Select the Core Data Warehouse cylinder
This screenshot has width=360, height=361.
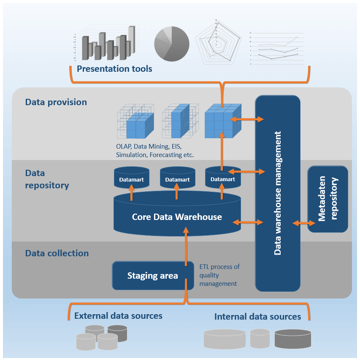pyautogui.click(x=177, y=217)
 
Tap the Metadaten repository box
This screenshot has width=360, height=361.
pyautogui.click(x=328, y=199)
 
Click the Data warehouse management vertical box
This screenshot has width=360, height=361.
pyautogui.click(x=277, y=193)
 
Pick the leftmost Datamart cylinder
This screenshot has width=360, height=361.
pyautogui.click(x=131, y=178)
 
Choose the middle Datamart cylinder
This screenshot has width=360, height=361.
pyautogui.click(x=177, y=178)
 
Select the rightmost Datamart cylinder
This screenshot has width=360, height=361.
pyautogui.click(x=222, y=178)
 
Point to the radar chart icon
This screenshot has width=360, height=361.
pyautogui.click(x=218, y=42)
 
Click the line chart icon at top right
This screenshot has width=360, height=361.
pyautogui.click(x=279, y=47)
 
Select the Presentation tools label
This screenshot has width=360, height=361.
pyautogui.click(x=114, y=69)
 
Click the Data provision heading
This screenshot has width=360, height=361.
pyautogui.click(x=56, y=102)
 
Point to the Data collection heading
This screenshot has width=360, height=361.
pyautogui.click(x=57, y=253)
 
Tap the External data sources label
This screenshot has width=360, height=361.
pyautogui.click(x=118, y=316)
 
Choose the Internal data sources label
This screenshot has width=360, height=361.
pyautogui.click(x=257, y=317)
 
